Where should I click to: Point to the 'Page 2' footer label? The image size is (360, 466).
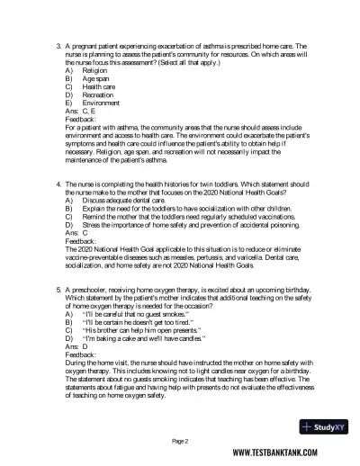pos(180,441)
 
